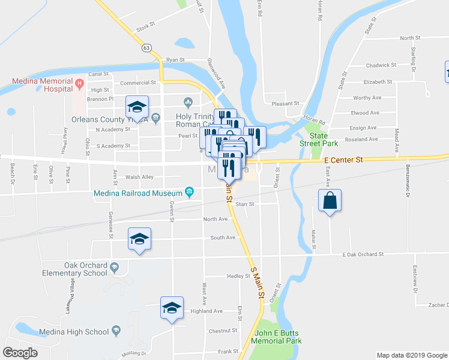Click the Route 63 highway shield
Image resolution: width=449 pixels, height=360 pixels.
point(146,46)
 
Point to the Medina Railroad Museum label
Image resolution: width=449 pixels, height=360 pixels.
point(137,193)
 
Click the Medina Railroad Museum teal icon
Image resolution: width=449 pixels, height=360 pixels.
point(190,193)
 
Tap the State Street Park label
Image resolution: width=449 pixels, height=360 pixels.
point(319,139)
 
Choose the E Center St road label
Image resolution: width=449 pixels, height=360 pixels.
point(344,160)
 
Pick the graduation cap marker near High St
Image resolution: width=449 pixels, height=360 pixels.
point(137,107)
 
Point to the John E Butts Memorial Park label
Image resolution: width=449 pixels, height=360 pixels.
point(277,337)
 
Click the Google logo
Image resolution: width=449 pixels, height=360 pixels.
point(20,353)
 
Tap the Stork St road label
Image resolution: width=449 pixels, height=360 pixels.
point(146,28)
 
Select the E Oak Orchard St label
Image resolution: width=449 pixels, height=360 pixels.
point(363,254)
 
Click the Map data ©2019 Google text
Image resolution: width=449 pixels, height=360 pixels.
point(411,355)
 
